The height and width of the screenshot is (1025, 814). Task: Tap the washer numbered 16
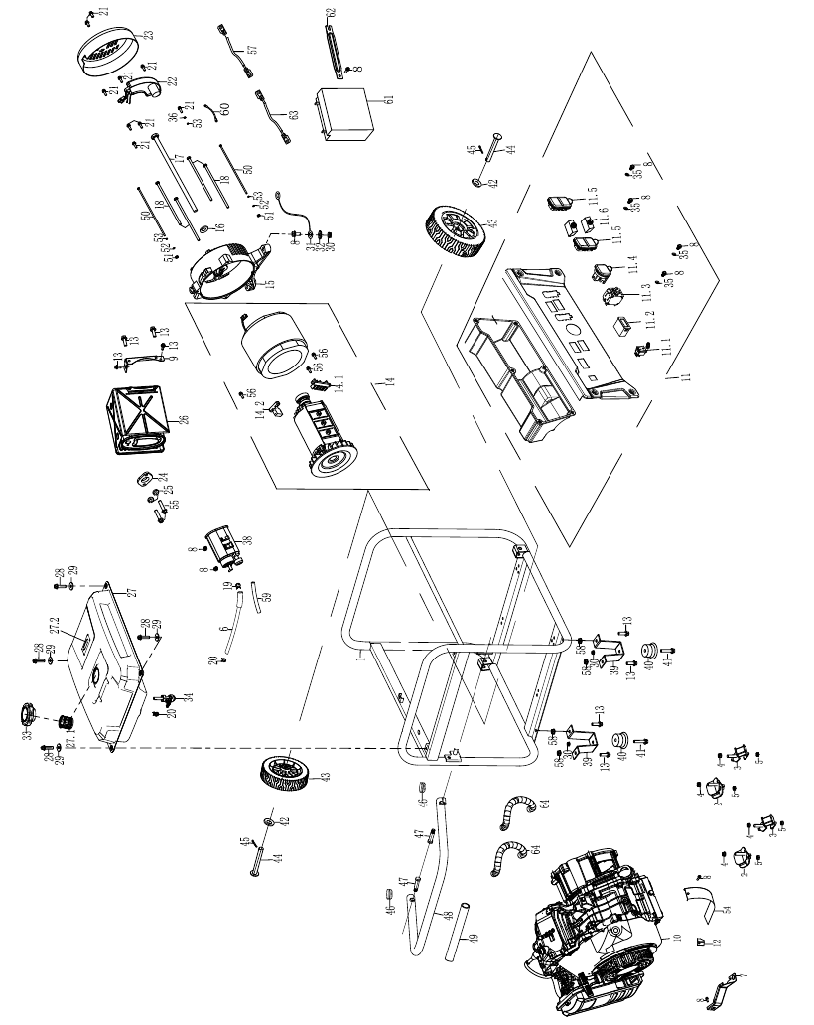click(206, 231)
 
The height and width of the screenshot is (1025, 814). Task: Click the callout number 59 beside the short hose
click(265, 597)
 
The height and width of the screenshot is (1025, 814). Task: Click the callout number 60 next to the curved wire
click(224, 108)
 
